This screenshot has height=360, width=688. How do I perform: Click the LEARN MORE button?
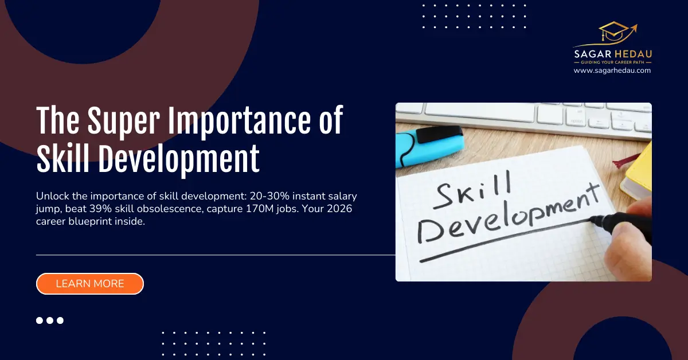click(x=89, y=284)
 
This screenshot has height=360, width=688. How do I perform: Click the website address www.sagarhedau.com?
click(x=612, y=71)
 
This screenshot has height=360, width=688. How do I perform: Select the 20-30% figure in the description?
click(x=261, y=197)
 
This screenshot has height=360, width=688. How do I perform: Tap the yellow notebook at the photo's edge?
click(x=639, y=172)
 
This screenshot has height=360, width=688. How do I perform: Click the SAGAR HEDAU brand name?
click(x=612, y=53)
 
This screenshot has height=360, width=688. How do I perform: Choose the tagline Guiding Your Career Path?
click(x=612, y=62)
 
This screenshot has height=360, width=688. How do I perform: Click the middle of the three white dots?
click(x=50, y=320)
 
